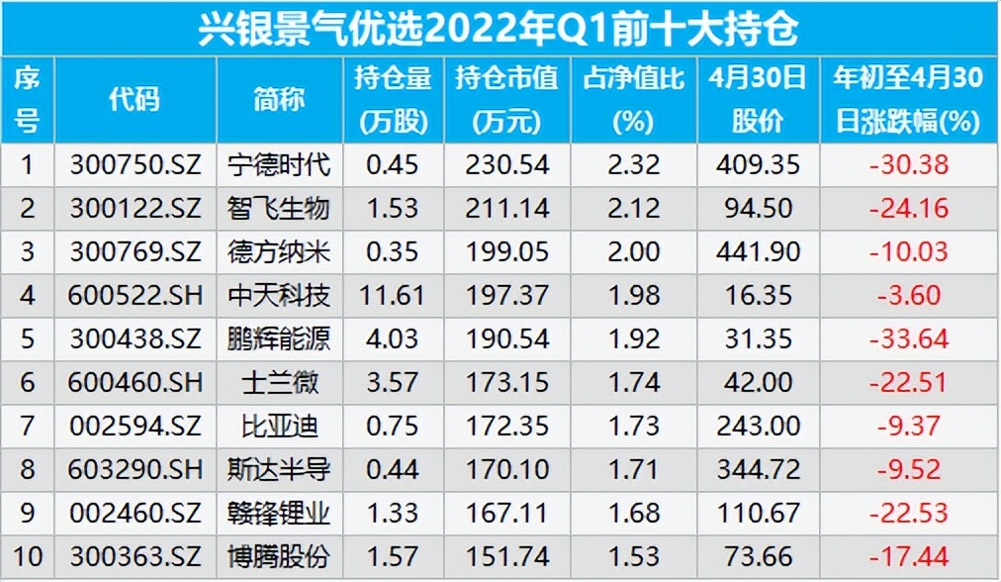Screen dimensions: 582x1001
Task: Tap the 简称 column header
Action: point(279,99)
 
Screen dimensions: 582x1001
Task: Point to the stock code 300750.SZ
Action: point(135,163)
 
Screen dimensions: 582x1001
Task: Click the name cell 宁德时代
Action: point(279,163)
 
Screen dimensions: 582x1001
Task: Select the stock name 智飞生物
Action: point(279,208)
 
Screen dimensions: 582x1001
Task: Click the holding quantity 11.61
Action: point(393,294)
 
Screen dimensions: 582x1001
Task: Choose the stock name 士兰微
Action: point(279,381)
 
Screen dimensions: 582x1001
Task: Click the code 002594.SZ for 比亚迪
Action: point(135,426)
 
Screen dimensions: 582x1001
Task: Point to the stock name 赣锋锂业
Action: point(279,513)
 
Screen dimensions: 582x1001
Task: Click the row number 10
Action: point(27,556)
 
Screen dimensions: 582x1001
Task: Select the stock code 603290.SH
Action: point(135,469)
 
